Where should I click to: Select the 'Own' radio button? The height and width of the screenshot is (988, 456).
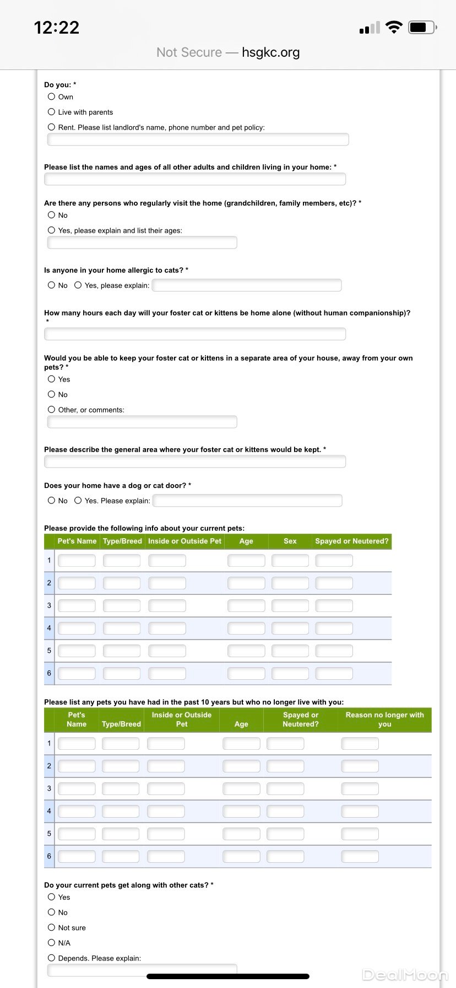(52, 96)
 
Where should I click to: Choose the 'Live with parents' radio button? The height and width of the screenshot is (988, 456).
(52, 112)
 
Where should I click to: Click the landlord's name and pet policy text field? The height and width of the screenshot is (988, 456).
(198, 139)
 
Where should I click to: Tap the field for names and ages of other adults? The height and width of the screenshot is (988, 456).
(195, 179)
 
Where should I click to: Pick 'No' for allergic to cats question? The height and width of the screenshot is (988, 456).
(52, 285)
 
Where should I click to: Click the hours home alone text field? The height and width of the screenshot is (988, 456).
(195, 334)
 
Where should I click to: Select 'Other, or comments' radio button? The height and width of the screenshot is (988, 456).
(52, 410)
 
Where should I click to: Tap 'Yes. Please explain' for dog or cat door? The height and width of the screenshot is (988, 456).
(78, 501)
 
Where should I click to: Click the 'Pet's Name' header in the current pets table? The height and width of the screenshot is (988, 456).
(77, 541)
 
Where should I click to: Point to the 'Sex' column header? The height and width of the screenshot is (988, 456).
(290, 541)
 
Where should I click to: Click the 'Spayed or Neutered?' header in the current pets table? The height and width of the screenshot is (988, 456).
(351, 541)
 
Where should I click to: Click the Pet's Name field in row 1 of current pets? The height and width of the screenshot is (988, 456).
(77, 561)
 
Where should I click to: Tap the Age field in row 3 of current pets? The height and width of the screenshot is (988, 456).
(246, 606)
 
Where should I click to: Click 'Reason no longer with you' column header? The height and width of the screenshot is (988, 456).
(384, 719)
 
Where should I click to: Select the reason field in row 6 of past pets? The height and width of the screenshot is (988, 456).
(360, 856)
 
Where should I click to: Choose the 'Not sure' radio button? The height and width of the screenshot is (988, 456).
(52, 927)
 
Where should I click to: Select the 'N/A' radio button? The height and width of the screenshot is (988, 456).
(52, 943)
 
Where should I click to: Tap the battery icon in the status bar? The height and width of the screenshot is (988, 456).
(422, 27)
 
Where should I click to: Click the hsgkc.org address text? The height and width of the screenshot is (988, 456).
(270, 52)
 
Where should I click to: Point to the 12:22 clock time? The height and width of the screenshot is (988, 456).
(57, 28)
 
